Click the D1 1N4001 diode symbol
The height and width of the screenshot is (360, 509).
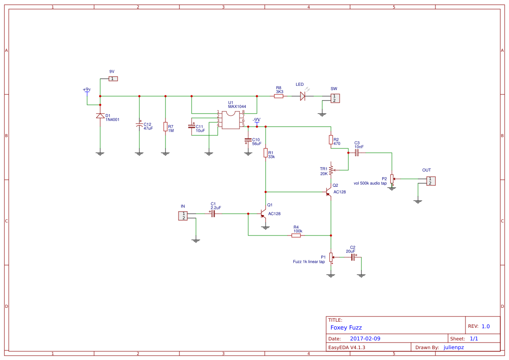(100, 115)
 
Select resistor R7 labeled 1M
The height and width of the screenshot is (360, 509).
(165, 127)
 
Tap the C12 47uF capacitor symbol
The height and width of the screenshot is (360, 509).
(139, 125)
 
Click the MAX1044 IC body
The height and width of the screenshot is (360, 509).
(231, 120)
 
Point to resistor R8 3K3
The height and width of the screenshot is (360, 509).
(279, 96)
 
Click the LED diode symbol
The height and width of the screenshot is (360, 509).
(303, 96)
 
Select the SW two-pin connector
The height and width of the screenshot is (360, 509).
(334, 98)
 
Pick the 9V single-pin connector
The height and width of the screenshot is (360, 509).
(113, 79)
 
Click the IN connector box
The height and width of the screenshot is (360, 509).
(183, 215)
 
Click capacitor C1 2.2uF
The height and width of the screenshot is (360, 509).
(213, 214)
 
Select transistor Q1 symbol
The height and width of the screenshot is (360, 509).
(263, 214)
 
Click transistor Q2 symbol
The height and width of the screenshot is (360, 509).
(329, 192)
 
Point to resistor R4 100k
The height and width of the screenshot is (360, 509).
(296, 236)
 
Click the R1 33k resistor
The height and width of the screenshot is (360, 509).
(266, 153)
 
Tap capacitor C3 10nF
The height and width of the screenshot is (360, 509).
(357, 153)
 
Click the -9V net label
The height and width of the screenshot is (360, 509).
(256, 120)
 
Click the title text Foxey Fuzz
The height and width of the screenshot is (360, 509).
(346, 328)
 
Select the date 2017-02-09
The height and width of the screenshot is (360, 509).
(365, 339)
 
